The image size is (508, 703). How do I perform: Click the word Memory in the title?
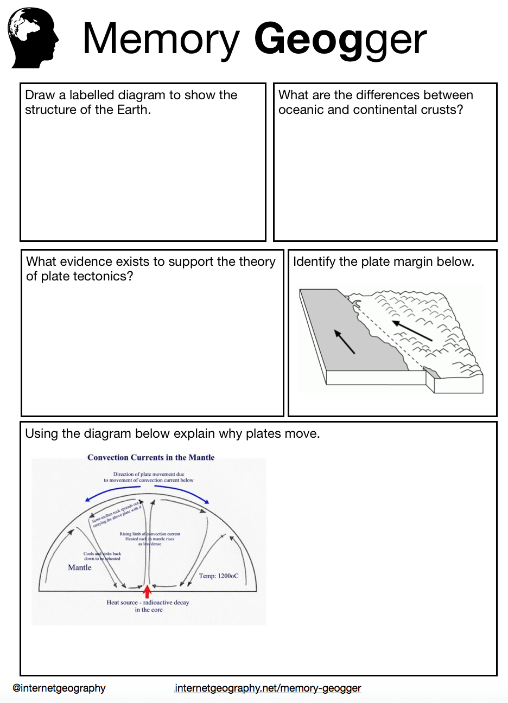161,39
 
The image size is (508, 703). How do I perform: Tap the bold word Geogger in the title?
340,39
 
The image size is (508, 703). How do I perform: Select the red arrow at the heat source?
147,591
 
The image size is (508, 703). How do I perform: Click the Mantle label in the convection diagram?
80,567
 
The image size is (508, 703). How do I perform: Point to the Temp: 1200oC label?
218,576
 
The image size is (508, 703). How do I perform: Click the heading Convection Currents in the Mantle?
151,457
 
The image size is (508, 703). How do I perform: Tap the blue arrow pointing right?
182,492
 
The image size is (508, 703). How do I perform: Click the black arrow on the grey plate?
345,342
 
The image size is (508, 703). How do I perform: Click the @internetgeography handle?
59,688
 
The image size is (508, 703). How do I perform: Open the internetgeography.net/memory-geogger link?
268,688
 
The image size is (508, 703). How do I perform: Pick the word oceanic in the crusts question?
300,110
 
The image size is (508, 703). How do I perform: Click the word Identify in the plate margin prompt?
314,261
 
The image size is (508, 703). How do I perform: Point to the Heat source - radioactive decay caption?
148,602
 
